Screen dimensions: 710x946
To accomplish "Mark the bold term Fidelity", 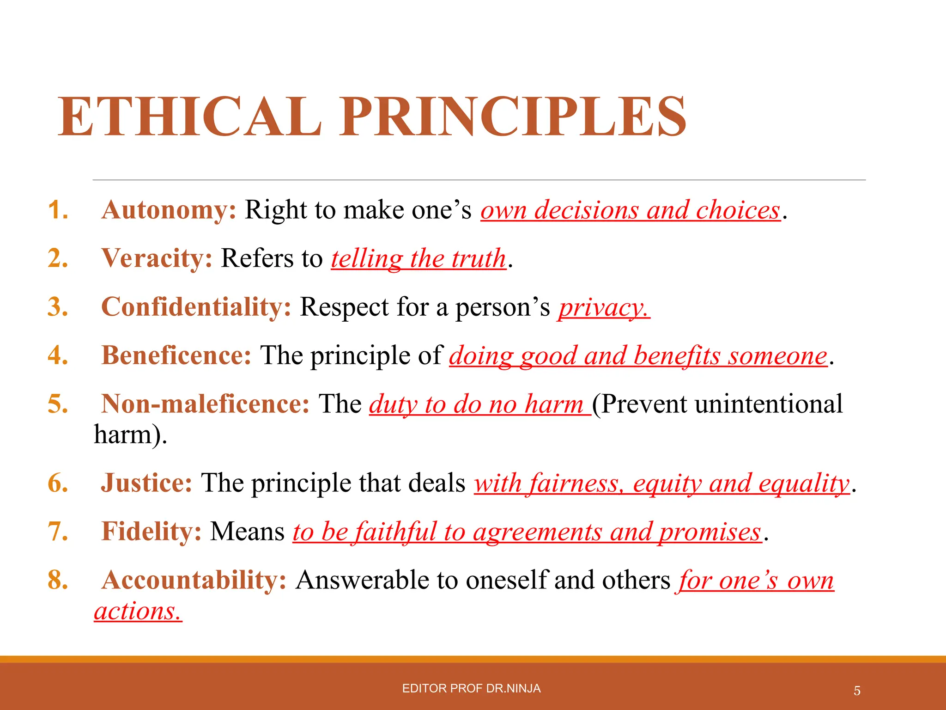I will click(152, 532).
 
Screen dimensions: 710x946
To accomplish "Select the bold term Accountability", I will click(194, 580).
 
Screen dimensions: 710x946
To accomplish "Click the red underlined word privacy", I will click(603, 308).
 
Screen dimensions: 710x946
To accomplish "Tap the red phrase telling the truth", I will click(418, 258).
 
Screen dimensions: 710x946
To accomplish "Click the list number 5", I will click(58, 404).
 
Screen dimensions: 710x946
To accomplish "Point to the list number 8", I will click(58, 580).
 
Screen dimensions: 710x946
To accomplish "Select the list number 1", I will click(58, 210).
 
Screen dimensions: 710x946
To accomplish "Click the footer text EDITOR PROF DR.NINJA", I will click(471, 688).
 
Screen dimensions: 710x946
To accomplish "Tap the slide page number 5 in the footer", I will click(857, 691).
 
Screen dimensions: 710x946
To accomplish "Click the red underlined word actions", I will click(137, 612).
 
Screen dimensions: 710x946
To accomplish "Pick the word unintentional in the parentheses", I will click(769, 404).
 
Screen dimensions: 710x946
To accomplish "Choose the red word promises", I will click(710, 532).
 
